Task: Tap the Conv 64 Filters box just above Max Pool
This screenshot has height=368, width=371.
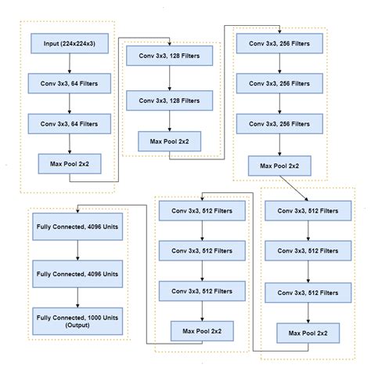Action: click(x=70, y=123)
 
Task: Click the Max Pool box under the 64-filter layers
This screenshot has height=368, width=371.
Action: click(x=70, y=164)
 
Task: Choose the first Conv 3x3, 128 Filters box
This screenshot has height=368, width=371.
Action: click(x=170, y=60)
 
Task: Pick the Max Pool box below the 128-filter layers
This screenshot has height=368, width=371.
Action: click(x=170, y=141)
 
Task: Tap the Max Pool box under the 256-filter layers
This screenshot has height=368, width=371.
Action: click(x=279, y=166)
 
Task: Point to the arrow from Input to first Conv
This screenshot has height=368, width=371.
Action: click(x=70, y=62)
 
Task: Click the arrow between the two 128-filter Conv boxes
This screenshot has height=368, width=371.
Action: click(x=170, y=80)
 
